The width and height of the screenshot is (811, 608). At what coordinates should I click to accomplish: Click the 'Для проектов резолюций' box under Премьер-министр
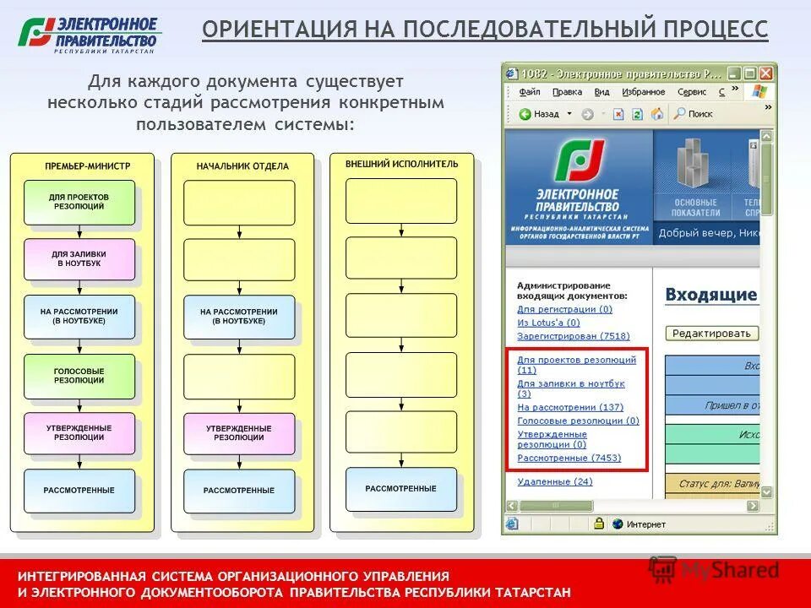pyautogui.click(x=79, y=202)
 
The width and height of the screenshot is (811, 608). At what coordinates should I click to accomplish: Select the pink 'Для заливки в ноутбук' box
pyautogui.click(x=79, y=259)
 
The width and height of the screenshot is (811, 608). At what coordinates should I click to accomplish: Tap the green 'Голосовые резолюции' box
pyautogui.click(x=79, y=376)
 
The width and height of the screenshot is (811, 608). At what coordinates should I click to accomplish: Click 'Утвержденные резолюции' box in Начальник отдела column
pyautogui.click(x=239, y=433)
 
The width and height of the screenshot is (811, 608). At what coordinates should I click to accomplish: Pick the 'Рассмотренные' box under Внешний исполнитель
pyautogui.click(x=401, y=489)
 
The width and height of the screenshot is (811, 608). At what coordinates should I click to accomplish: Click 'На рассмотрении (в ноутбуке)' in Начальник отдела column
pyautogui.click(x=239, y=317)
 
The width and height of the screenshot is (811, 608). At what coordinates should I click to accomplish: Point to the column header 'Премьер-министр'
pyautogui.click(x=82, y=166)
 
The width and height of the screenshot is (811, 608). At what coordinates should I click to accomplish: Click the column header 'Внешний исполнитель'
pyautogui.click(x=401, y=164)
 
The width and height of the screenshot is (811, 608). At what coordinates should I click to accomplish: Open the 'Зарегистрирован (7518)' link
pyautogui.click(x=573, y=336)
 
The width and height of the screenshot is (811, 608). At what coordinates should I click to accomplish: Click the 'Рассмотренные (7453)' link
pyautogui.click(x=569, y=458)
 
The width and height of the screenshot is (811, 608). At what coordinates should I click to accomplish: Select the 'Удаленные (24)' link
pyautogui.click(x=554, y=481)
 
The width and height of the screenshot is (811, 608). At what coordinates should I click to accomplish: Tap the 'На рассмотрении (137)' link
pyautogui.click(x=569, y=407)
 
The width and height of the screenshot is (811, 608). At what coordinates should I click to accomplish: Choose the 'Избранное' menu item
pyautogui.click(x=643, y=92)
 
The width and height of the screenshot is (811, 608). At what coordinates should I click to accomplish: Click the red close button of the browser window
pyautogui.click(x=765, y=73)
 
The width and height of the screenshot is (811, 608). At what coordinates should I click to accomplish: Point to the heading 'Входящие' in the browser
pyautogui.click(x=710, y=295)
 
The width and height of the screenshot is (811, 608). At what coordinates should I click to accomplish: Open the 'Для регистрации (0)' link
pyautogui.click(x=564, y=310)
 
